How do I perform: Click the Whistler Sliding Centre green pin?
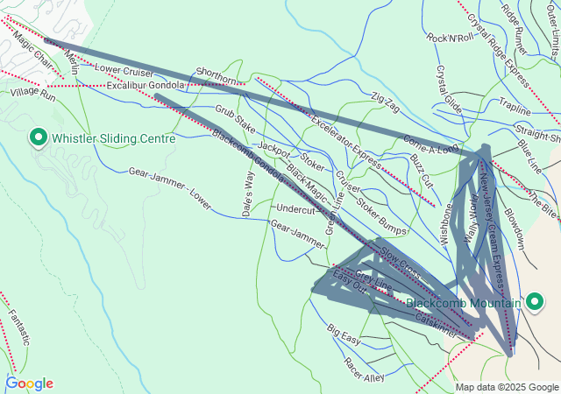click(39, 137)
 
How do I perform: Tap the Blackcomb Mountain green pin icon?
click(535, 302)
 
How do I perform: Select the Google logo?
click(29, 383)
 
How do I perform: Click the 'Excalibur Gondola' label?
click(146, 85)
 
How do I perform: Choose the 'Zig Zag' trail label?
click(385, 102)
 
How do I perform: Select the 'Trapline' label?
click(515, 111)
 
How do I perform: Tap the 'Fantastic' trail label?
click(19, 322)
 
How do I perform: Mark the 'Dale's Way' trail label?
click(248, 193)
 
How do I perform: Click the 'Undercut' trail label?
click(295, 210)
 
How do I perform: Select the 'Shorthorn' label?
click(217, 77)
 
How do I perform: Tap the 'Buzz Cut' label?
click(422, 169)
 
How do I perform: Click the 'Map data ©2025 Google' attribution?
click(507, 387)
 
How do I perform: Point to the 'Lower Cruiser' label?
click(124, 70)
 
